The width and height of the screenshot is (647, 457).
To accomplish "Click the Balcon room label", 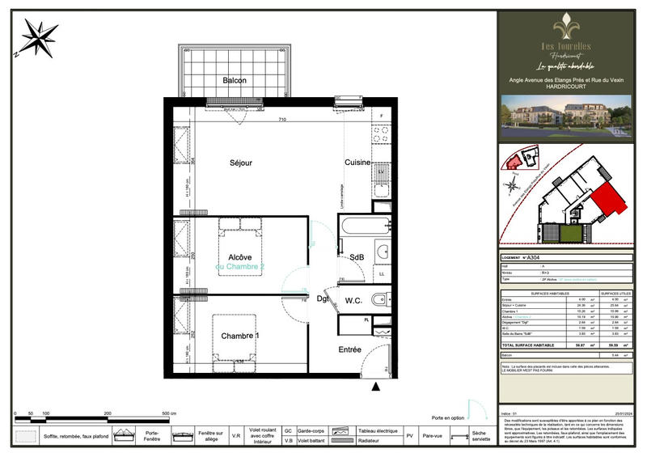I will click(235, 80).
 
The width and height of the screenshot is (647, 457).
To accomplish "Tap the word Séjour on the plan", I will click(239, 163).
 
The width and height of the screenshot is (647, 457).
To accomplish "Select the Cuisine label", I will click(357, 163).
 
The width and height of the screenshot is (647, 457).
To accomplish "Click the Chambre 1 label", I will click(240, 336).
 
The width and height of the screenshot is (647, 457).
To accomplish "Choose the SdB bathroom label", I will click(356, 257).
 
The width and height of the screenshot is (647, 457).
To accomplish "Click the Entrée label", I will click(349, 349).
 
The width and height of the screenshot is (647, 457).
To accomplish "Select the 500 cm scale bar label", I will click(168, 413).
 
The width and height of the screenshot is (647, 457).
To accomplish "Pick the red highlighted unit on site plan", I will click(607, 199).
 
